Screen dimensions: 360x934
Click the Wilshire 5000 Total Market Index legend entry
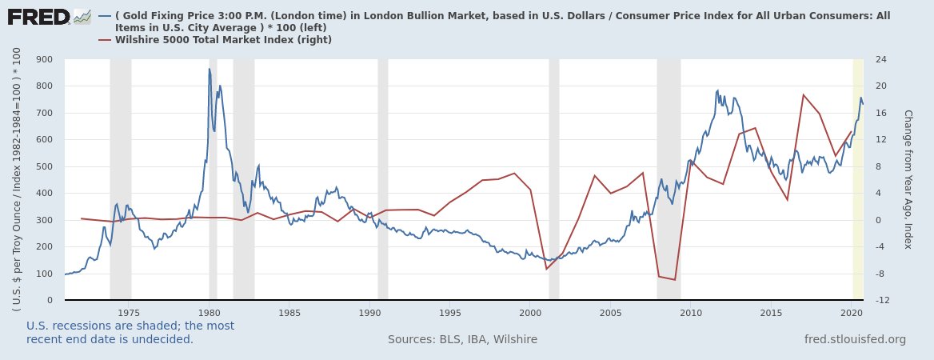pos(223,39)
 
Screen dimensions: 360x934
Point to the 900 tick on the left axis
pos(44,59)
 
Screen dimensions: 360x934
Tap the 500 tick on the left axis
pos(44,166)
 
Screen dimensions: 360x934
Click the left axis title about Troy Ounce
pos(17,179)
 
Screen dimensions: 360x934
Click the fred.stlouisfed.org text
pos(855,339)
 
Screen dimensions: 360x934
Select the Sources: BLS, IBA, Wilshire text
pos(462,339)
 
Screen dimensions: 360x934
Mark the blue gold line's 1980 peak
pos(210,69)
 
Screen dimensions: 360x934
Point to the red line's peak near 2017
pos(803,94)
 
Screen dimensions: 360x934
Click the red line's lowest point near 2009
pos(675,280)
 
